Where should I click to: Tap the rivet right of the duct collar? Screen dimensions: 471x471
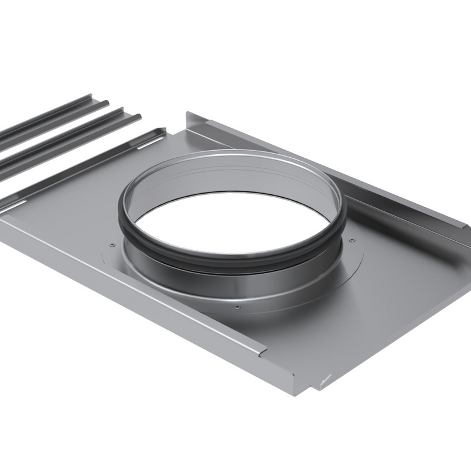(x=351, y=240)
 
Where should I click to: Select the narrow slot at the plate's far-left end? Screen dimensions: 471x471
(x=16, y=204)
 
